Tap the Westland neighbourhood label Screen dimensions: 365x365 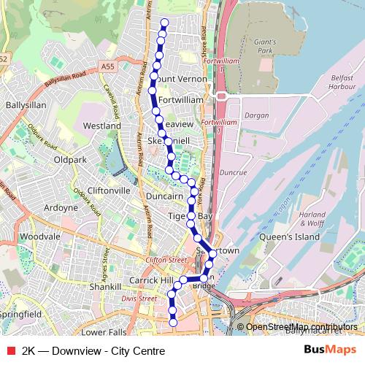click(x=102, y=126)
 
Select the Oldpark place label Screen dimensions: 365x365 click(x=71, y=159)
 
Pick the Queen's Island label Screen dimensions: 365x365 click(x=316, y=237)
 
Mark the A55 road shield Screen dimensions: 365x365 click(x=108, y=66)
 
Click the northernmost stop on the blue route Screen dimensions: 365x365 click(x=164, y=22)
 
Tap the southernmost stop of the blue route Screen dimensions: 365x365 click(x=173, y=322)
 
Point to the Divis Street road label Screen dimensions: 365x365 click(x=139, y=299)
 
